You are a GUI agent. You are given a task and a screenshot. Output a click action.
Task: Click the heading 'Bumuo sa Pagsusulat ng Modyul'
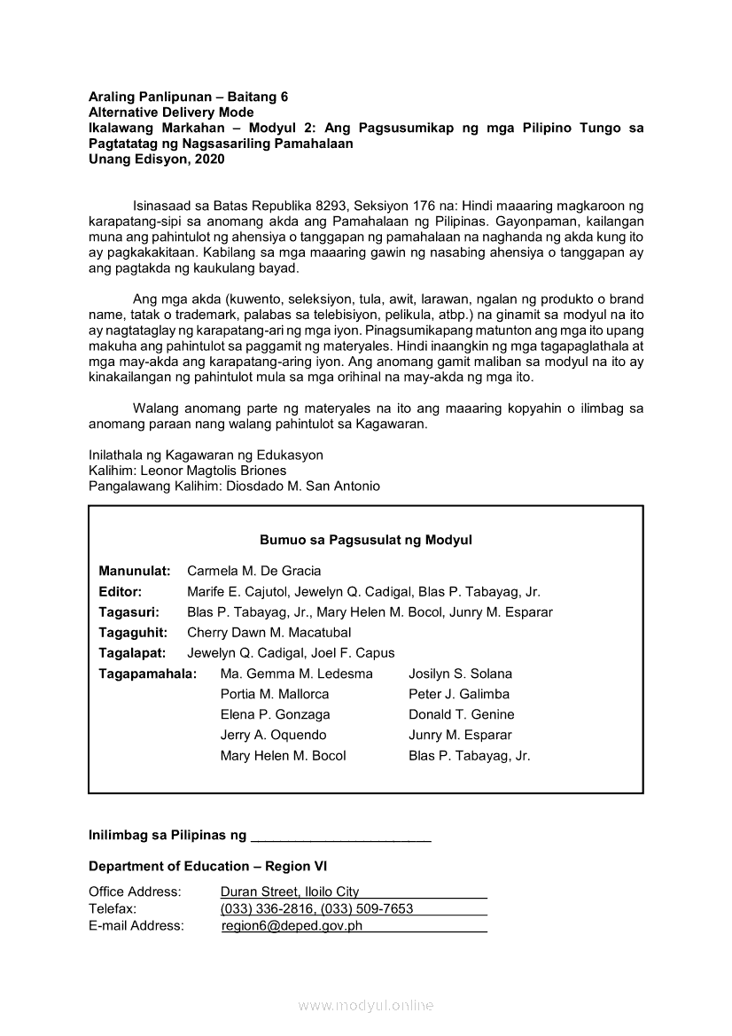click(x=365, y=540)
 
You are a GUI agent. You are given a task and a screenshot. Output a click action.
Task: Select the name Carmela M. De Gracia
click(x=253, y=571)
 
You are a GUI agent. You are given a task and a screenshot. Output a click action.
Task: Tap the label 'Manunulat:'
click(x=135, y=571)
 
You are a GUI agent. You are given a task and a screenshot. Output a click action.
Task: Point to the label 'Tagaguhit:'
click(x=132, y=633)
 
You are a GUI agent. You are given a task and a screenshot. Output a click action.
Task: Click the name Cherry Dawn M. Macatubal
click(x=269, y=633)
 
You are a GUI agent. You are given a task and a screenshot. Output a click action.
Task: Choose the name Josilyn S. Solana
click(x=460, y=674)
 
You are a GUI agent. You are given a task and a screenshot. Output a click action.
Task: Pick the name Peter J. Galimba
click(x=458, y=694)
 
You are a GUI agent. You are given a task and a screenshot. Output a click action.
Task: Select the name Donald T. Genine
click(x=461, y=714)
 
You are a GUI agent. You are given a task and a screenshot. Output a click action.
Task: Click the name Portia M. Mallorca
click(x=274, y=694)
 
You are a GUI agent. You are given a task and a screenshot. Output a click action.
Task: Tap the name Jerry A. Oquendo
click(x=273, y=735)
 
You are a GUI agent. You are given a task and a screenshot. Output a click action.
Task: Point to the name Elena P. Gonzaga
click(x=275, y=714)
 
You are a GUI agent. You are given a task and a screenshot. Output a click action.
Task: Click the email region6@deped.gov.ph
click(x=292, y=926)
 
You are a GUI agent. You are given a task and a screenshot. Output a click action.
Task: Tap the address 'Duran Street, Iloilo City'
click(x=290, y=892)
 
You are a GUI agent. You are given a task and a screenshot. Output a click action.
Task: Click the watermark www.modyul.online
click(x=365, y=1005)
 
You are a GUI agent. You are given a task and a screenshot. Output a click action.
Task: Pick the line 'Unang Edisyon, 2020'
click(x=156, y=160)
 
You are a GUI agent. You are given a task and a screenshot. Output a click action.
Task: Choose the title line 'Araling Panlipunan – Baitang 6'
click(x=188, y=96)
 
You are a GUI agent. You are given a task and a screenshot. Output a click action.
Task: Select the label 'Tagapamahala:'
click(x=147, y=674)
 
